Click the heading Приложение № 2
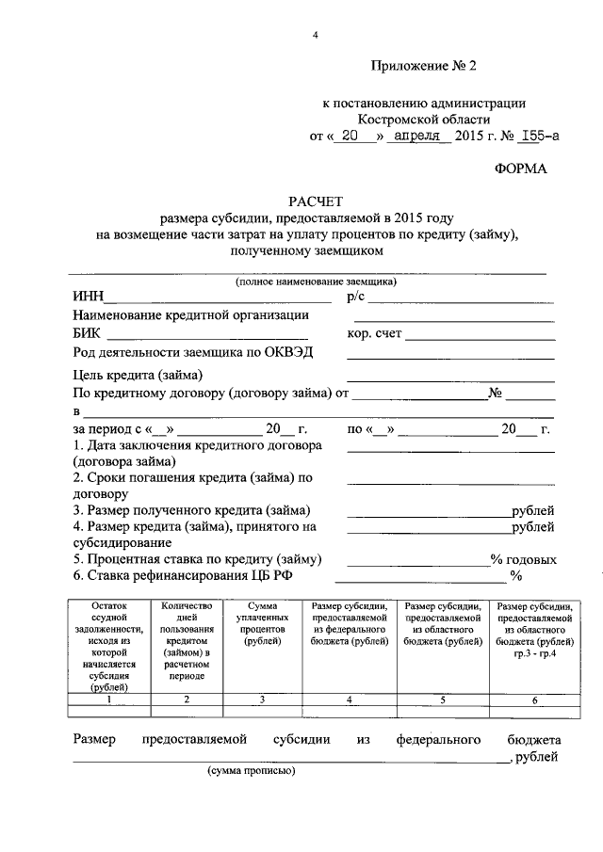[x=425, y=66]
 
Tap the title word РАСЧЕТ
[x=317, y=201]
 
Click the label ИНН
[x=88, y=297]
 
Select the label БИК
[x=89, y=333]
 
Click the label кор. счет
[x=375, y=333]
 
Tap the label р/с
[x=355, y=297]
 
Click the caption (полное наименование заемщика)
[x=316, y=281]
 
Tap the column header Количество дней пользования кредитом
[x=187, y=635]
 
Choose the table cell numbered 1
[x=109, y=699]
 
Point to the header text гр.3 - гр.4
[x=534, y=653]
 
